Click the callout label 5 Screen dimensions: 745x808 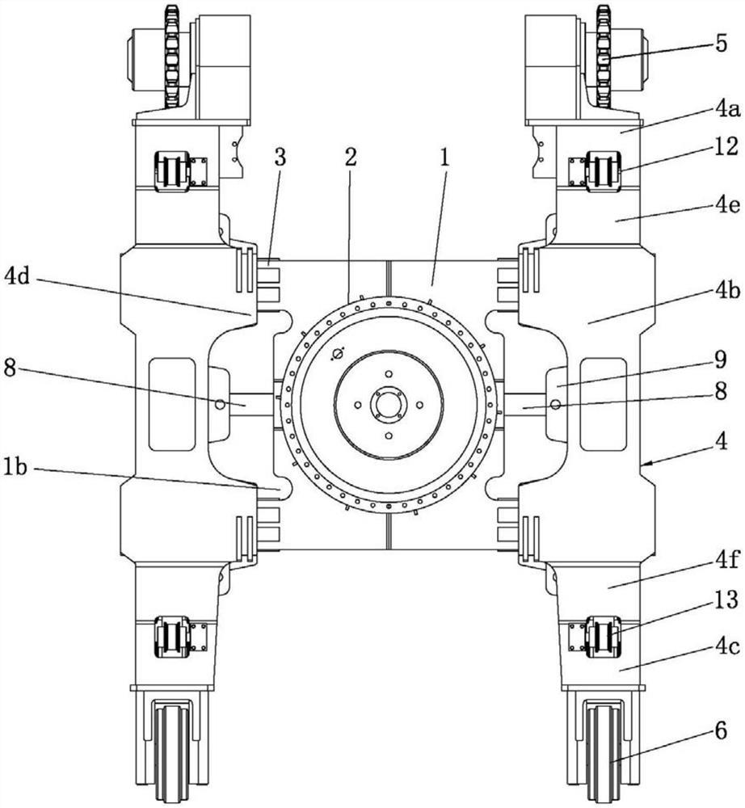pos(721,44)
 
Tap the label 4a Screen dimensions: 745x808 pos(726,110)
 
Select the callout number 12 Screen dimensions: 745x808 pos(726,147)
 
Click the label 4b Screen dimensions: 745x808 pos(727,291)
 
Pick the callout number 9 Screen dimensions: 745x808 pos(721,360)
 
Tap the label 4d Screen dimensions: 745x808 pos(19,277)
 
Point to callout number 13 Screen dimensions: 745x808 pos(726,600)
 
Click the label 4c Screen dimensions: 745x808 pos(727,646)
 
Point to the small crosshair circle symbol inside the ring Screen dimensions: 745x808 pos(339,354)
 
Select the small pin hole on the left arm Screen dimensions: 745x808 pos(220,405)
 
